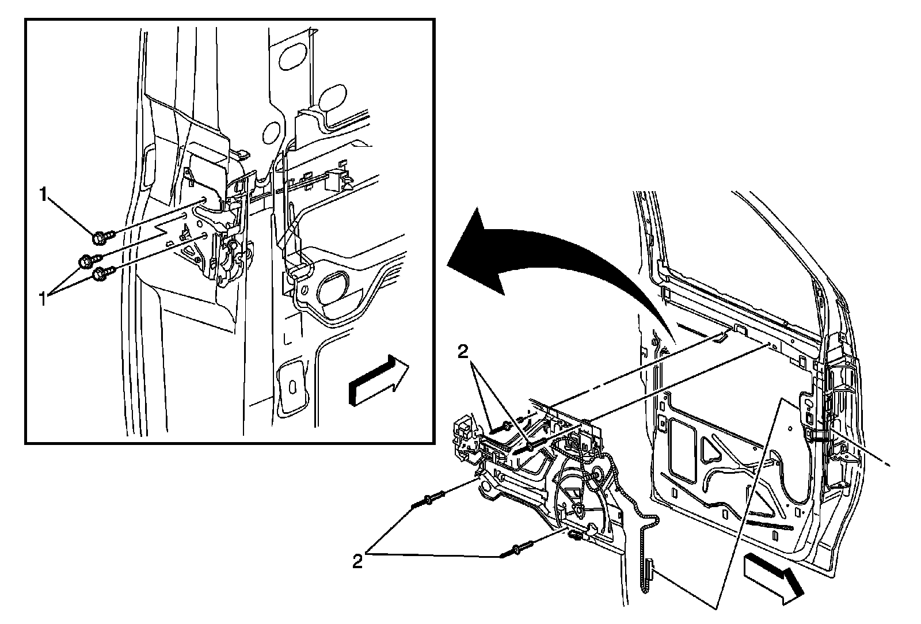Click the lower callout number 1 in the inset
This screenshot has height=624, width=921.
(x=43, y=299)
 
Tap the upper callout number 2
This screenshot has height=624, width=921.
(x=463, y=352)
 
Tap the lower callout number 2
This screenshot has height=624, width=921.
(x=357, y=561)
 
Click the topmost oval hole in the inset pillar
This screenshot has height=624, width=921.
(x=293, y=57)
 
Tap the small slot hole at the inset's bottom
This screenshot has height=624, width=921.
(x=292, y=387)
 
